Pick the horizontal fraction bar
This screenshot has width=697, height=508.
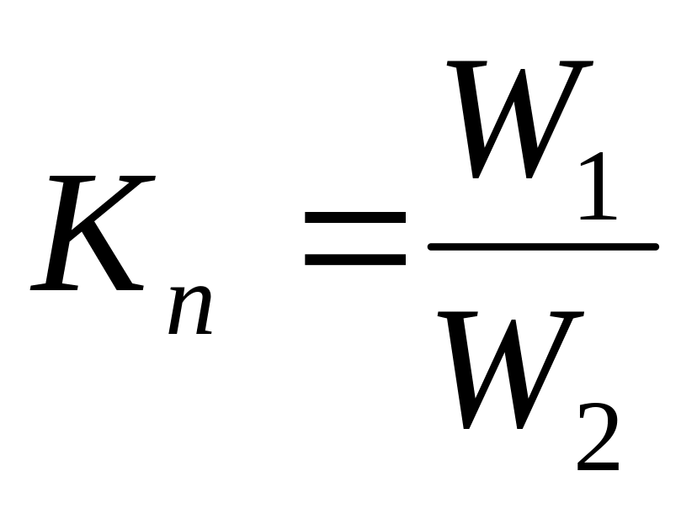(542, 246)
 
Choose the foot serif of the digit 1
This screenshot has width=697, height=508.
(599, 218)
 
